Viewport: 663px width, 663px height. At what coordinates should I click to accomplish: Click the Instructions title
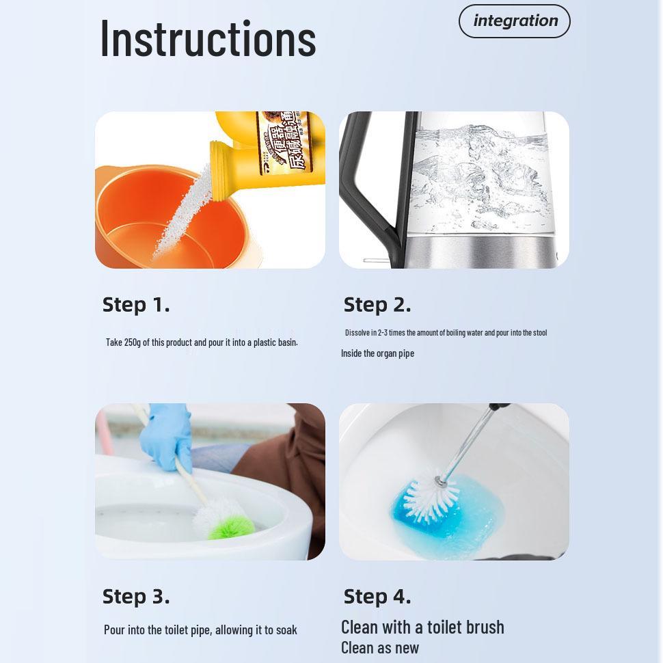coord(208,39)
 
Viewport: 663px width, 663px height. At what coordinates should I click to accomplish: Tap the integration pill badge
coord(515,21)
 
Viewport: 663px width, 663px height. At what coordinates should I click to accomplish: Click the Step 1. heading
coord(136,305)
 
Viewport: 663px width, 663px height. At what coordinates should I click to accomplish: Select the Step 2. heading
coord(377,305)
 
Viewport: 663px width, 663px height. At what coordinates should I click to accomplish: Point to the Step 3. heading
coord(136,597)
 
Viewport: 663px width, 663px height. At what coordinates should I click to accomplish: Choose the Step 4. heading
coord(377,597)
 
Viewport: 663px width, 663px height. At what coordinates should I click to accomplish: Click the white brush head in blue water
coord(431,496)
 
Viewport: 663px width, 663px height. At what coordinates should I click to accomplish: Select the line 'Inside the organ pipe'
coord(377,353)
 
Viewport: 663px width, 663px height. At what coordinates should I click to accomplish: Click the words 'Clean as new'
coord(380,647)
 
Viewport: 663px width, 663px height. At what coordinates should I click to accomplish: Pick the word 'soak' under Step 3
coord(286,630)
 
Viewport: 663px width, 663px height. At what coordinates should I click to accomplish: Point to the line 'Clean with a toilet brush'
coord(422,627)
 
